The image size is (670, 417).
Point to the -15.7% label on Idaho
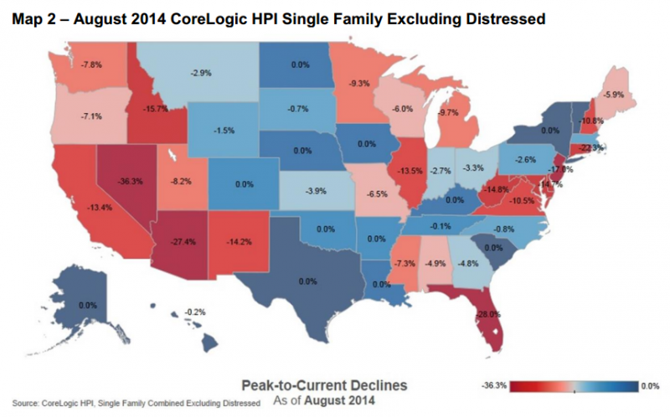click(157, 107)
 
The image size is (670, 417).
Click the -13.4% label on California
click(89, 208)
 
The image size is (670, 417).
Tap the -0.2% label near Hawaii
click(194, 311)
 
